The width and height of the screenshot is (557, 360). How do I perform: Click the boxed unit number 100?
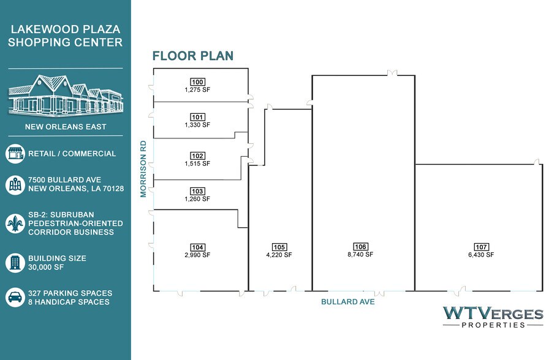pyautogui.click(x=197, y=82)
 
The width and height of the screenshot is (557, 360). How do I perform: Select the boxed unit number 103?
pyautogui.click(x=197, y=192)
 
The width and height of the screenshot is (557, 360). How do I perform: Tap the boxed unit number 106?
pyautogui.click(x=360, y=246)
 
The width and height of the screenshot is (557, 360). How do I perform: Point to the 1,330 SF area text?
pyautogui.click(x=197, y=125)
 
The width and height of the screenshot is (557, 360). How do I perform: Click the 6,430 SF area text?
pyautogui.click(x=481, y=255)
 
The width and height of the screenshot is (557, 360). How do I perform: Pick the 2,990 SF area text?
pyautogui.click(x=197, y=255)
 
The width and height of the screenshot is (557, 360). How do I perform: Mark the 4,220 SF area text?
pyautogui.click(x=279, y=255)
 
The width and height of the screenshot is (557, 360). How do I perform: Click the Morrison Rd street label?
pyautogui.click(x=143, y=169)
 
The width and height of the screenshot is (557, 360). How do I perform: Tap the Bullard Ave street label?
pyautogui.click(x=348, y=302)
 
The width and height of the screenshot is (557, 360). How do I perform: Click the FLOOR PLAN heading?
pyautogui.click(x=193, y=56)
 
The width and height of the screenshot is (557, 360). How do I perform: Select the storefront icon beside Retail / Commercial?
pyautogui.click(x=15, y=154)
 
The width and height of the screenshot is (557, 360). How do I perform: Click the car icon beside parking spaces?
pyautogui.click(x=15, y=297)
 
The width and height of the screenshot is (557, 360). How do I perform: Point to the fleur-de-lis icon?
pyautogui.click(x=15, y=223)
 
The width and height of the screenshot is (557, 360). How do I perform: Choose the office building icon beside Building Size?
pyautogui.click(x=15, y=263)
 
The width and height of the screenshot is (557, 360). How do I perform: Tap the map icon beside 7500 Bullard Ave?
pyautogui.click(x=15, y=185)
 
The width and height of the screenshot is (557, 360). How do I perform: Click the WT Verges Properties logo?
pyautogui.click(x=493, y=317)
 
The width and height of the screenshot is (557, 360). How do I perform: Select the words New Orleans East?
pyautogui.click(x=66, y=127)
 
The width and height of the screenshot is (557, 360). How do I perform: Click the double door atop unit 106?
pyautogui.click(x=392, y=73)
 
